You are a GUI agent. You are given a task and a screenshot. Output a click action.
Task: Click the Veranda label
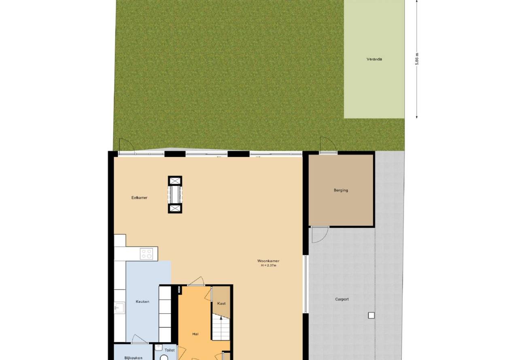pyautogui.click(x=374, y=59)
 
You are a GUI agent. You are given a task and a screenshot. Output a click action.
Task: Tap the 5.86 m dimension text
pyautogui.click(x=417, y=59)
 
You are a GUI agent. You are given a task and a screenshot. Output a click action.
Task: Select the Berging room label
pyautogui.click(x=341, y=191)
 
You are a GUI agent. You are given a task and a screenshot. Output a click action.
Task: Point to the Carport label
pyautogui.click(x=341, y=299)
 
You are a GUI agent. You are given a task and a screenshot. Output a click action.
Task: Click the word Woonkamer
pyautogui.click(x=268, y=261)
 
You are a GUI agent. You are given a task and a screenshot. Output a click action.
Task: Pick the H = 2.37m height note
pyautogui.click(x=269, y=265)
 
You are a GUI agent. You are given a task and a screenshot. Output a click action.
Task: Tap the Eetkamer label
pyautogui.click(x=139, y=198)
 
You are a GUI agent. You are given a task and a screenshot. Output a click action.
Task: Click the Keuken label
pyautogui.click(x=142, y=302)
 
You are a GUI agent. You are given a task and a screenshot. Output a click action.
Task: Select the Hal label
pyautogui.click(x=195, y=334)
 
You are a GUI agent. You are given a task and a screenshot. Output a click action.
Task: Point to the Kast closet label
pyautogui.click(x=221, y=303)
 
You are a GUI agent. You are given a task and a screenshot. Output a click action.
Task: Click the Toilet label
pyautogui.click(x=170, y=350)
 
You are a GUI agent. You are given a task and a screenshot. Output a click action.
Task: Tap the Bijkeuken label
pyautogui.click(x=133, y=358)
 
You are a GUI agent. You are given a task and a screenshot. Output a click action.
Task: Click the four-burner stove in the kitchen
pyautogui.click(x=146, y=254)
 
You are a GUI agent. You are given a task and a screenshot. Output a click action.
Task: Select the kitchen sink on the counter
pyautogui.click(x=120, y=308)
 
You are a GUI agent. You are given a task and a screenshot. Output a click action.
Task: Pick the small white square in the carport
pyautogui.click(x=371, y=316)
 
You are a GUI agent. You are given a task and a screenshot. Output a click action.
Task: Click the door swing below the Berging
pyautogui.click(x=320, y=235)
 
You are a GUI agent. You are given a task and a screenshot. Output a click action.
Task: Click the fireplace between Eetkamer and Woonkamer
pyautogui.click(x=175, y=195)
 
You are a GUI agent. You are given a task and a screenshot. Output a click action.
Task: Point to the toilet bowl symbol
pyautogui.click(x=164, y=357)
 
